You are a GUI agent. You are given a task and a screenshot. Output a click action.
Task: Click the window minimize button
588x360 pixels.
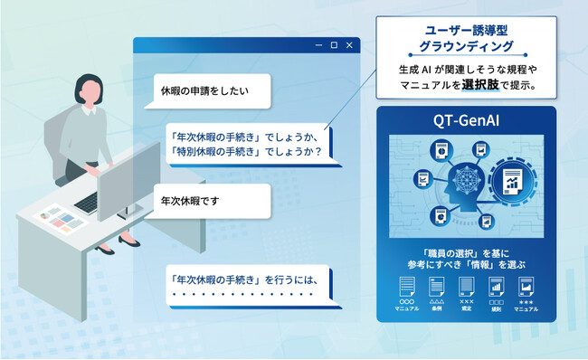[x=318, y=45]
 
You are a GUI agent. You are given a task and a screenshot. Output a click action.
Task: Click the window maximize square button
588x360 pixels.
[x=334, y=45]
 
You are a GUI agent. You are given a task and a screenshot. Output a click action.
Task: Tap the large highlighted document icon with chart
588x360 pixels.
[x=512, y=180]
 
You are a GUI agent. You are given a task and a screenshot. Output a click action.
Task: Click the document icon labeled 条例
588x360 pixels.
[x=437, y=288]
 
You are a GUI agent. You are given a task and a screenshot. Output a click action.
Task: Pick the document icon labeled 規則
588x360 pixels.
[x=497, y=288]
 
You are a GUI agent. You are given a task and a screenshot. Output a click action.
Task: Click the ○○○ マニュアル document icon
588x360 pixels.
[x=407, y=288]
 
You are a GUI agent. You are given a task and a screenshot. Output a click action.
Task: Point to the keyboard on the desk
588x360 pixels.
[x=87, y=203]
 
